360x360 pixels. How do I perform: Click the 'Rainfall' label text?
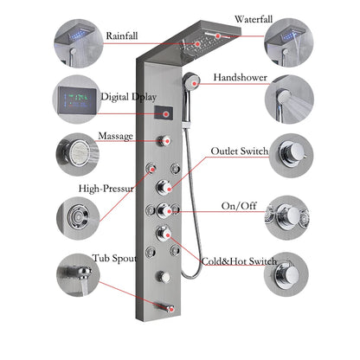pyautogui.click(x=125, y=36)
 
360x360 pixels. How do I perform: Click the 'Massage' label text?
pyautogui.click(x=115, y=136)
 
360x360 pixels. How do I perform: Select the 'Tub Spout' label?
pyautogui.click(x=114, y=258)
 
